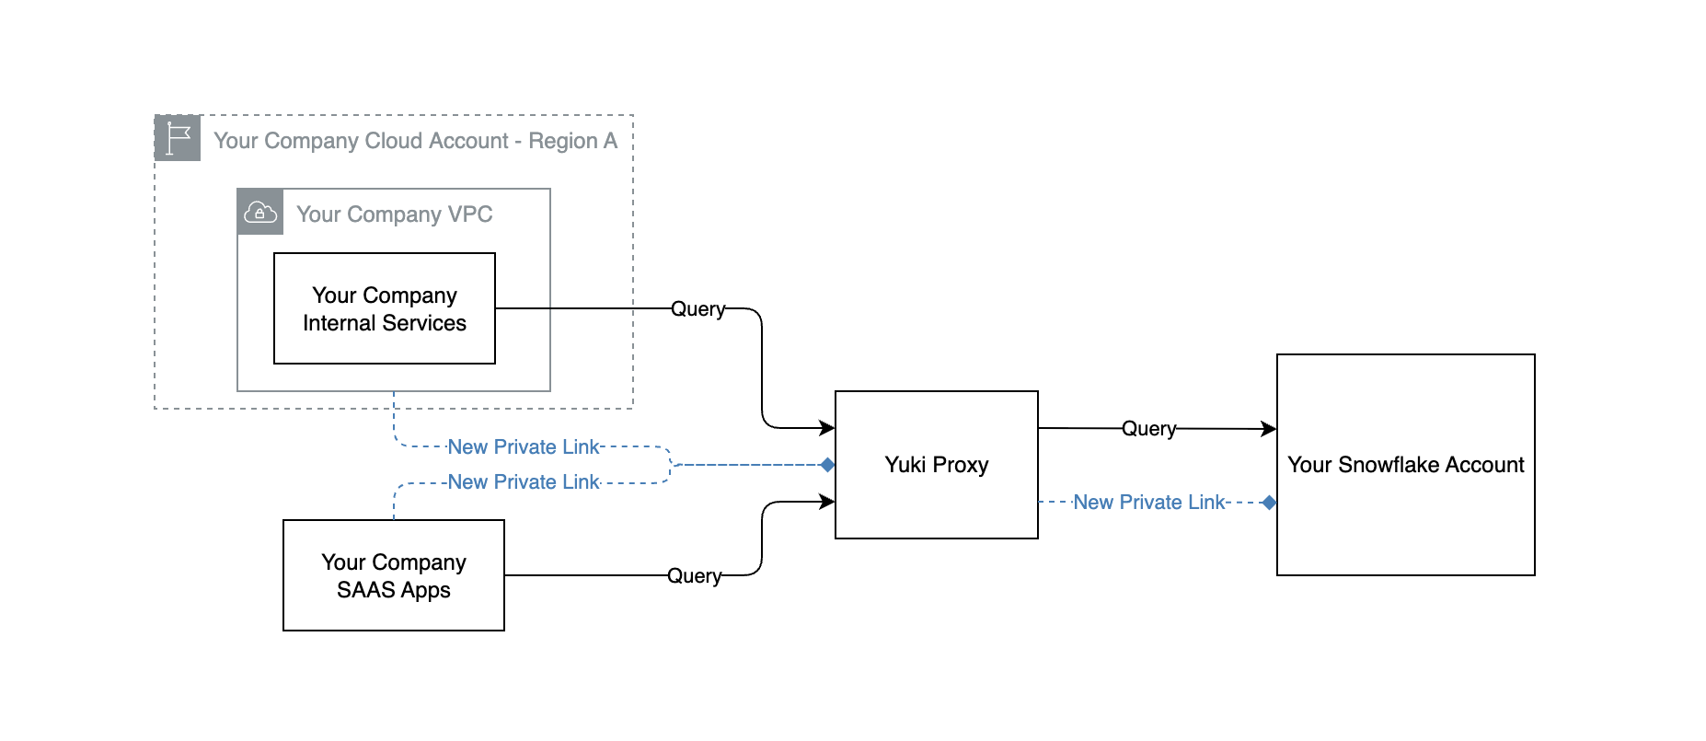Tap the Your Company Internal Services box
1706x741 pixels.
tap(385, 308)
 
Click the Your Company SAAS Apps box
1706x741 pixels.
tap(394, 575)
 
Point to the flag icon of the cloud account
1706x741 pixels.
tap(178, 138)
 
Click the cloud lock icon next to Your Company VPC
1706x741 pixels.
tap(260, 213)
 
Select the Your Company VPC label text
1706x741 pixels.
tap(395, 214)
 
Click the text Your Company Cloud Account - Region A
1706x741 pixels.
tap(415, 141)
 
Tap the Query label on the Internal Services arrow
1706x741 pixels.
tap(697, 309)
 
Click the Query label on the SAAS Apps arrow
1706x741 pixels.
tap(694, 576)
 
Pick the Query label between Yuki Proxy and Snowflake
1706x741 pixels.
tap(1148, 429)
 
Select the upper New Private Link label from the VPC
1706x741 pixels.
tap(523, 447)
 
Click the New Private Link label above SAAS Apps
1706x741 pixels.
tap(523, 482)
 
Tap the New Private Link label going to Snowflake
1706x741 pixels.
tap(1149, 503)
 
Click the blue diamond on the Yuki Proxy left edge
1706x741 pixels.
tap(827, 465)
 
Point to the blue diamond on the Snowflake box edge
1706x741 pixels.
tap(1269, 503)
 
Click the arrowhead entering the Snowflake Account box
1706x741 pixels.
tap(1269, 429)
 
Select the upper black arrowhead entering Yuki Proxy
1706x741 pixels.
tap(827, 428)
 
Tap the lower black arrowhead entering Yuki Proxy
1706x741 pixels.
tap(827, 502)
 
